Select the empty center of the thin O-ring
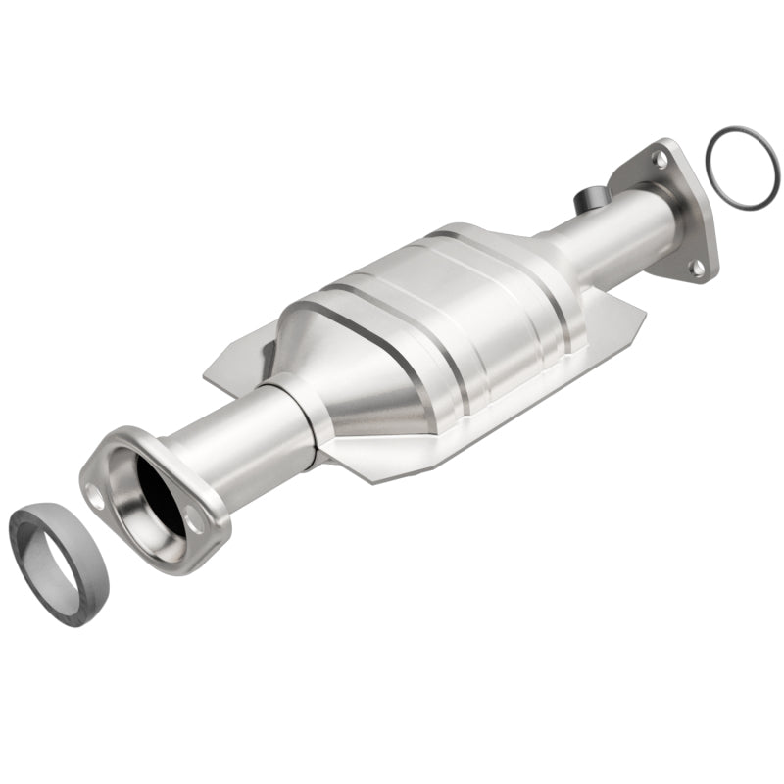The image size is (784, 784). tap(741, 167)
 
